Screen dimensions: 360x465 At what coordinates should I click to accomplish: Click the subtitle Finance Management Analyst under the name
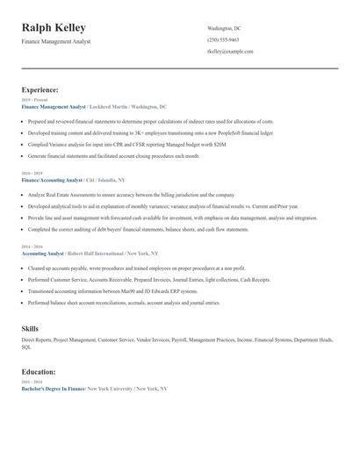[56, 41]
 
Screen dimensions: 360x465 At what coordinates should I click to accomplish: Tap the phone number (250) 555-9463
[223, 39]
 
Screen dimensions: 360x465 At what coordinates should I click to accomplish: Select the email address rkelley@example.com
[230, 51]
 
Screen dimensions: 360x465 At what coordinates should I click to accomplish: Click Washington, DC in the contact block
[224, 28]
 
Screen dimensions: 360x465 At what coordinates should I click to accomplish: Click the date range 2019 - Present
[34, 100]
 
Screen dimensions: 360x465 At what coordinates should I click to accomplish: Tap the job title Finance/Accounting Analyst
[54, 179]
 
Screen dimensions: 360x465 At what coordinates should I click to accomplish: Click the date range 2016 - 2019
[32, 173]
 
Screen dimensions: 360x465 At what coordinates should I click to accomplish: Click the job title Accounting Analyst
[43, 253]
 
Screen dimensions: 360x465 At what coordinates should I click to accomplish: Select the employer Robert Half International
[97, 253]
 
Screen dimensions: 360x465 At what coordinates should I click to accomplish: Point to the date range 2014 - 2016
[32, 247]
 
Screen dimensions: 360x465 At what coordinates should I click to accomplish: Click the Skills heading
[30, 328]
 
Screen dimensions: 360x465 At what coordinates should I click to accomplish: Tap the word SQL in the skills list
[26, 347]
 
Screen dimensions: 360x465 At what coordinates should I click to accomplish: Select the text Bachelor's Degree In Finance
[54, 388]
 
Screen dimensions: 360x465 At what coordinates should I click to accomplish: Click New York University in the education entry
[112, 388]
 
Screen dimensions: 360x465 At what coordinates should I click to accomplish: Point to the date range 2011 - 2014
[32, 382]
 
